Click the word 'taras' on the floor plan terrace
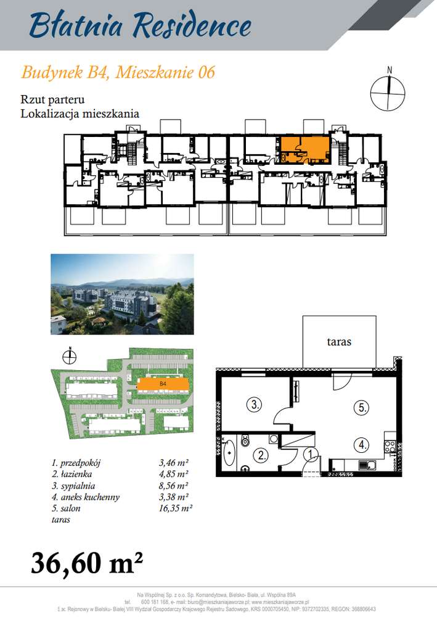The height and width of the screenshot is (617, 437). click(x=340, y=341)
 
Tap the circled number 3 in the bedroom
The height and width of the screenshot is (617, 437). click(x=255, y=405)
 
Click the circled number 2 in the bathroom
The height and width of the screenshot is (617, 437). click(x=261, y=456)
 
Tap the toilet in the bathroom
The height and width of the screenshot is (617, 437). click(x=245, y=441)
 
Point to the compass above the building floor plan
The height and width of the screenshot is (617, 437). click(x=388, y=93)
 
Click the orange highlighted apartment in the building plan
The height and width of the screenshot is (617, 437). click(x=305, y=150)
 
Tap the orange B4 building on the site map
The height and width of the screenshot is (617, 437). click(x=163, y=385)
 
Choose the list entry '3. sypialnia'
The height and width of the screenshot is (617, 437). click(x=76, y=485)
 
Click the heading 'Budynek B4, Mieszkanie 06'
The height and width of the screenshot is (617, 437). click(x=118, y=72)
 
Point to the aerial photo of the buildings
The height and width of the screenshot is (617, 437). click(x=122, y=294)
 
